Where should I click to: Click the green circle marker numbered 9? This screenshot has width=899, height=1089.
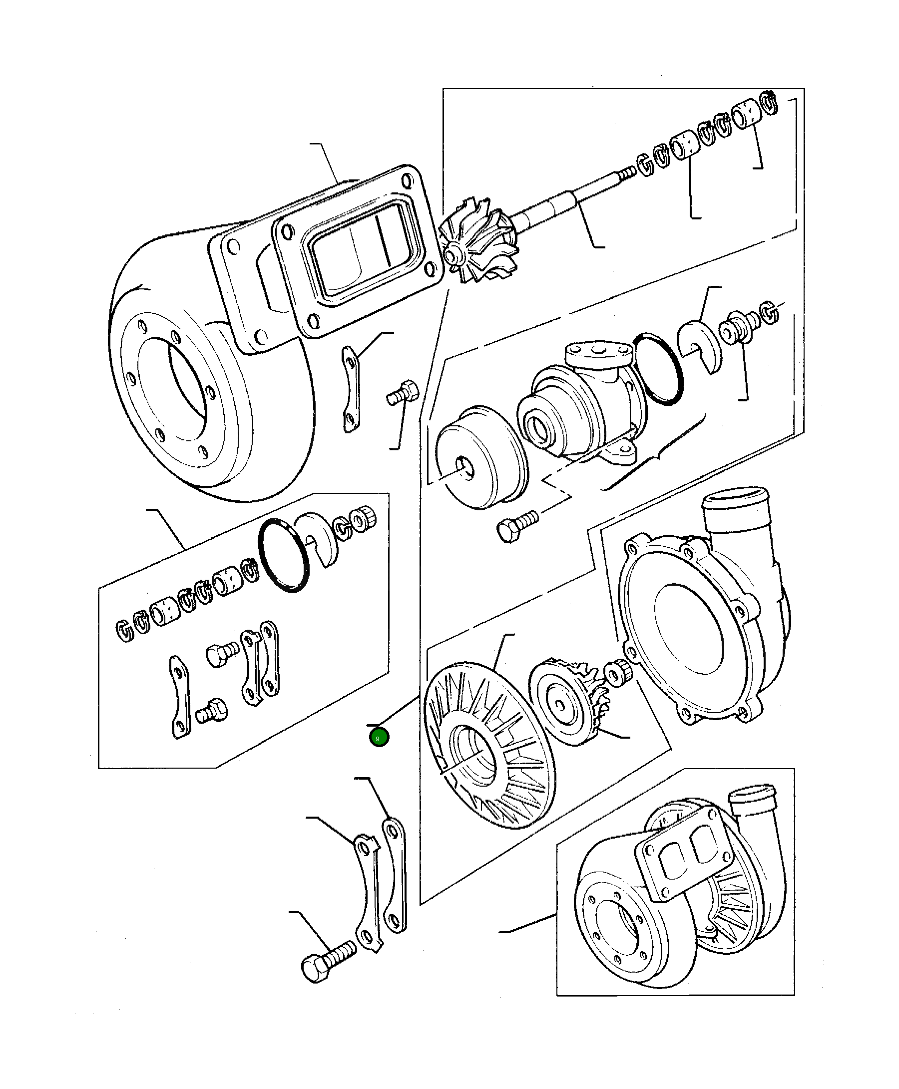click(379, 738)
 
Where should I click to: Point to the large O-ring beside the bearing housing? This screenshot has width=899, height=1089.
click(659, 368)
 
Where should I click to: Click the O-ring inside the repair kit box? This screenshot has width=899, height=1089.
click(283, 555)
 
